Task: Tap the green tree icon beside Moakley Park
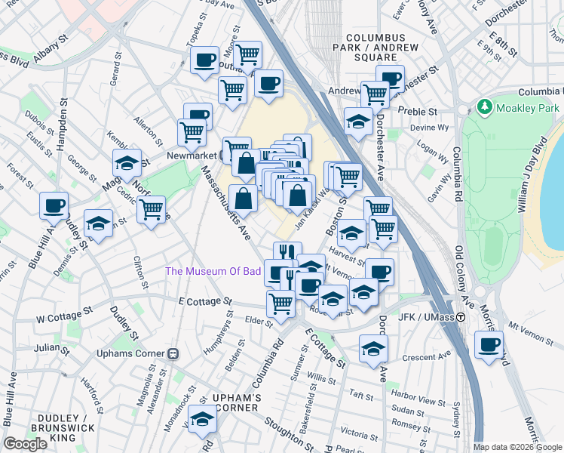[485, 108]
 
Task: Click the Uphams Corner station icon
[173, 353]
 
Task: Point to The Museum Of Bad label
[213, 271]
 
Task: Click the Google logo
[25, 444]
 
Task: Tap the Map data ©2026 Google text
[516, 447]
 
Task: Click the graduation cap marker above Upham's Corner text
[202, 418]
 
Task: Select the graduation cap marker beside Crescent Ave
[372, 348]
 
